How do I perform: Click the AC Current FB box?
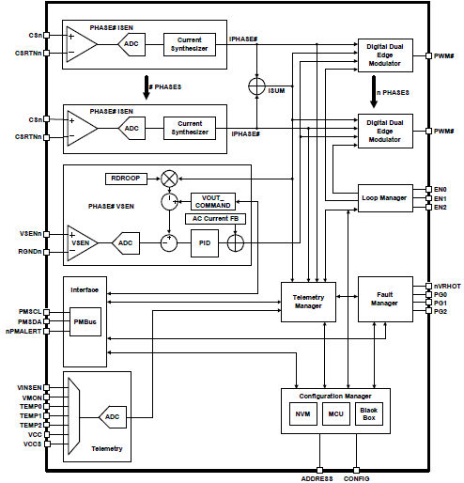(212, 219)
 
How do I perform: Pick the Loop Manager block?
(385, 198)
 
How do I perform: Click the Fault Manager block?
(385, 301)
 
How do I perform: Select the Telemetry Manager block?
(308, 301)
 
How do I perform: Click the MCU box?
(335, 413)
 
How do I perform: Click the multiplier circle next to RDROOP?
(170, 179)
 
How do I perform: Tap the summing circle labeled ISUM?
(255, 86)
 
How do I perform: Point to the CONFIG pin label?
(357, 476)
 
